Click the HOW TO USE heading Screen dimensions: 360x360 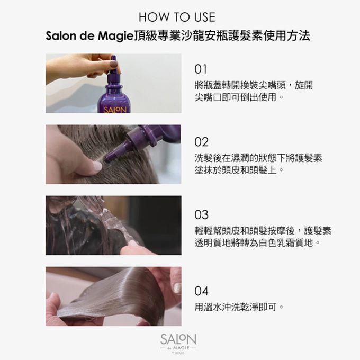(179, 17)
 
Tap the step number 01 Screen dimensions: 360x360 (201, 69)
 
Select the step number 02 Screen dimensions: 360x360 (201, 142)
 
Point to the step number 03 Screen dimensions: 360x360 (201, 215)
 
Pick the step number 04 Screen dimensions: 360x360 (201, 291)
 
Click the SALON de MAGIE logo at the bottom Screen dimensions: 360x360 (178, 342)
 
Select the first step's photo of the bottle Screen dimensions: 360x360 (113, 83)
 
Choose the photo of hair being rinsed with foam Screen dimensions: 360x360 (113, 225)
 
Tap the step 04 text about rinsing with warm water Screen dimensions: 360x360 (239, 307)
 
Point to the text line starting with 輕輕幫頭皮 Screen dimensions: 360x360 (263, 231)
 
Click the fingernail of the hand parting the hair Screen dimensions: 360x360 (97, 166)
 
